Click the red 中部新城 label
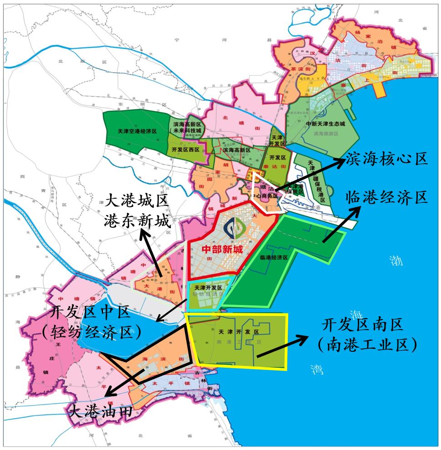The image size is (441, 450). (x=222, y=249)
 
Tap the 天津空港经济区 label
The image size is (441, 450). (x=137, y=131)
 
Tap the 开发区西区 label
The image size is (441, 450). (x=185, y=150)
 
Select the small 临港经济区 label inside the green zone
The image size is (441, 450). (x=274, y=257)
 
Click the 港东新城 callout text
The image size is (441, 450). (x=136, y=221)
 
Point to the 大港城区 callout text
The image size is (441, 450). (x=136, y=200)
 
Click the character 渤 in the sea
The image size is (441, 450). (x=396, y=260)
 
